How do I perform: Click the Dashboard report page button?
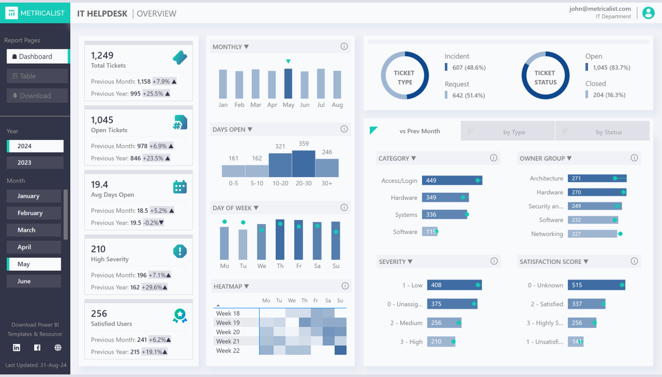click(x=37, y=57)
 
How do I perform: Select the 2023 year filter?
click(x=35, y=162)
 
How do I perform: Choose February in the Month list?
click(x=34, y=213)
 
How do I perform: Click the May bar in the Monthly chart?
click(x=288, y=84)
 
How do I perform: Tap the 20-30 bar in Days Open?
click(x=303, y=164)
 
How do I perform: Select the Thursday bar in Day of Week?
click(x=280, y=239)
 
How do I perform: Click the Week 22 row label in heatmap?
click(x=228, y=350)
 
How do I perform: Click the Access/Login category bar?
click(x=451, y=181)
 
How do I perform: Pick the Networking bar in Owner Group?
click(x=592, y=234)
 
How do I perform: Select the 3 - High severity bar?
click(x=441, y=342)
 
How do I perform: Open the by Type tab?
click(x=514, y=132)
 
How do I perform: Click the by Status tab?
click(x=608, y=132)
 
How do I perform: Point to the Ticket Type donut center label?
click(x=404, y=77)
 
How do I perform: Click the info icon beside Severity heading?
click(x=494, y=261)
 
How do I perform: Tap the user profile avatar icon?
click(x=648, y=13)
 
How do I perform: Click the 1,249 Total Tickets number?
click(x=102, y=56)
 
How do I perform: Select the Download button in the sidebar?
click(x=37, y=96)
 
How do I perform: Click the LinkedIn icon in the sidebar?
click(x=17, y=348)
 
